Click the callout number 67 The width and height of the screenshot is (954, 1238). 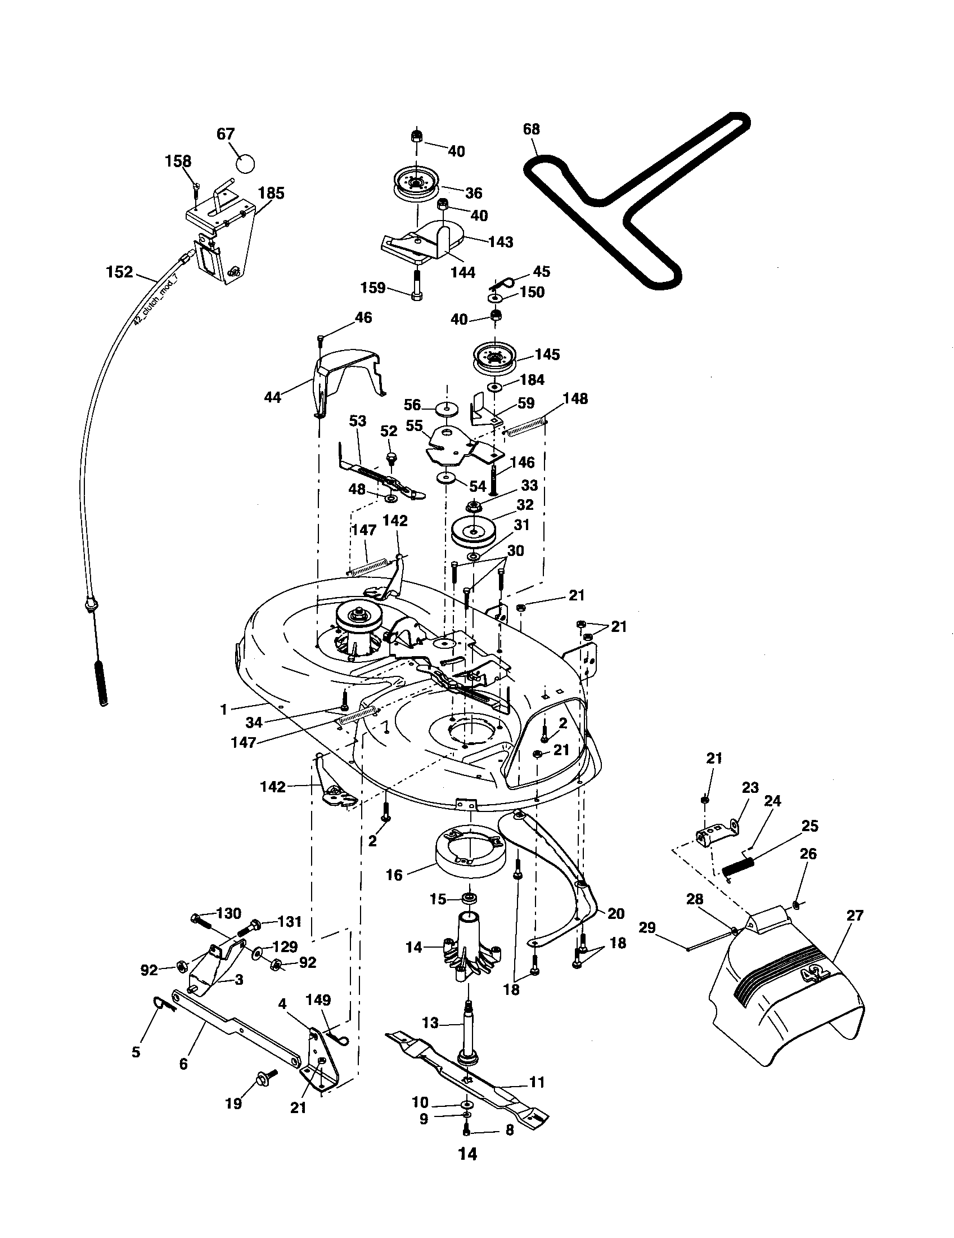click(x=226, y=134)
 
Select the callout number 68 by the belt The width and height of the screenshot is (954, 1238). click(x=532, y=129)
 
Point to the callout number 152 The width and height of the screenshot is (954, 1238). click(x=120, y=272)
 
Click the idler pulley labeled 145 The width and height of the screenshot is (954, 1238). click(x=496, y=358)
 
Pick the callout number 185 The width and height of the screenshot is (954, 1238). click(x=271, y=192)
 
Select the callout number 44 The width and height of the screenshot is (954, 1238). click(x=273, y=397)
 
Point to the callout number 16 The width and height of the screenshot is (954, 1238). click(x=394, y=874)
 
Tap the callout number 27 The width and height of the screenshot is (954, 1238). click(x=854, y=916)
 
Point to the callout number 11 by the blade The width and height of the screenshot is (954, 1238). click(x=536, y=1082)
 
